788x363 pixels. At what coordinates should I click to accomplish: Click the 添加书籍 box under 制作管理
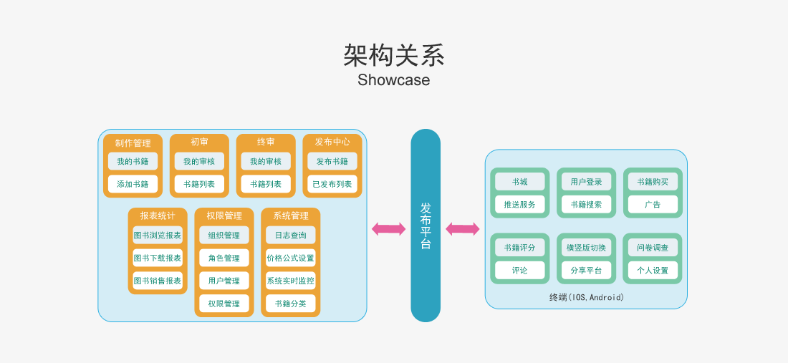tap(133, 184)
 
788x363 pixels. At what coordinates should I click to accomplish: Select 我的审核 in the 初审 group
tap(199, 161)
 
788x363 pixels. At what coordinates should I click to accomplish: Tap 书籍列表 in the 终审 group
tap(265, 184)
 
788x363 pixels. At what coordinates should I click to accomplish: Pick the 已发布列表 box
tap(332, 184)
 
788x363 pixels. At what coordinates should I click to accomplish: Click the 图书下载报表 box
tap(158, 258)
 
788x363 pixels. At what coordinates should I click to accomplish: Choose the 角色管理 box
tap(224, 258)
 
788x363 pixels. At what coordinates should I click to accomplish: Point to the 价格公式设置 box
tap(290, 258)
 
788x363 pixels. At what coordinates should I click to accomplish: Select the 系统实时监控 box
tap(290, 281)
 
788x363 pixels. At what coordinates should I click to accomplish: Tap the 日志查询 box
tap(290, 235)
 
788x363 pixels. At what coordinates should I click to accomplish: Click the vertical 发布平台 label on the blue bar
tap(426, 226)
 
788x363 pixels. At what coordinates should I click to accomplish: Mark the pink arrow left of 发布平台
tap(388, 229)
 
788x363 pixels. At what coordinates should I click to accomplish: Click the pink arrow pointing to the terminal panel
tap(462, 229)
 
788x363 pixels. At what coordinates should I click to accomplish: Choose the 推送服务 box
tap(519, 204)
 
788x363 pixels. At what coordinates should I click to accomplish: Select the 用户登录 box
tap(587, 182)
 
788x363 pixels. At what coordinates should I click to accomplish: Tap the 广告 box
tap(653, 204)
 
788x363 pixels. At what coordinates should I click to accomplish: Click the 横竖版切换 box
tap(587, 247)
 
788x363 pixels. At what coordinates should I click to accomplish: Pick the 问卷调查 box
tap(653, 247)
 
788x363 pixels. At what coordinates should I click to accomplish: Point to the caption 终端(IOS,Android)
tap(587, 297)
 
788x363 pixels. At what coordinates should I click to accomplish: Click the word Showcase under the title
tap(393, 79)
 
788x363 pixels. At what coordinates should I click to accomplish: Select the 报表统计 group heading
tap(158, 216)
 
